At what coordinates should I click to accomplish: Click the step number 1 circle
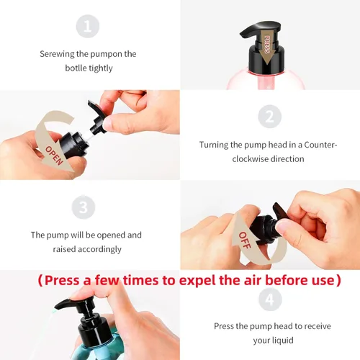(x=88, y=26)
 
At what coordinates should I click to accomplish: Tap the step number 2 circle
(x=270, y=117)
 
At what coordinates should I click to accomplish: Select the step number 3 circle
(x=84, y=207)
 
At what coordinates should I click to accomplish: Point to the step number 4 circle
(x=270, y=300)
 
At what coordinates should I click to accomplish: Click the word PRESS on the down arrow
(x=267, y=45)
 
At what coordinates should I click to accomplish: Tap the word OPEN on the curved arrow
(x=54, y=156)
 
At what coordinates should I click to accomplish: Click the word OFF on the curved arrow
(x=245, y=240)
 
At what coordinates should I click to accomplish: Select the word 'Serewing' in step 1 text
(x=57, y=54)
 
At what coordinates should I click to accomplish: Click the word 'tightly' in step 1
(x=101, y=68)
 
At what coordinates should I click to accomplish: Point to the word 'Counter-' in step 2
(x=320, y=145)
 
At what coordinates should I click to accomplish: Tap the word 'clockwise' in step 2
(x=249, y=159)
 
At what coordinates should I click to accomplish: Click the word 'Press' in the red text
(x=62, y=280)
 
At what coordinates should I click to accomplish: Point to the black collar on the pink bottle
(x=266, y=58)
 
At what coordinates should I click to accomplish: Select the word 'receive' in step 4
(x=317, y=326)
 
